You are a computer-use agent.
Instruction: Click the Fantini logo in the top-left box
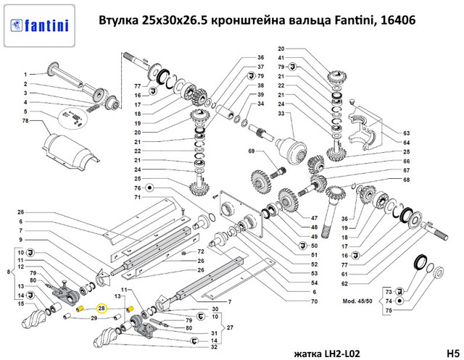39,26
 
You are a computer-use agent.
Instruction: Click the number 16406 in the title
398,20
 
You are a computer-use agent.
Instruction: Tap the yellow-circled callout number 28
101,309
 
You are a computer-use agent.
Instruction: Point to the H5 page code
452,353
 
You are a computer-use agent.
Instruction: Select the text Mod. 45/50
357,301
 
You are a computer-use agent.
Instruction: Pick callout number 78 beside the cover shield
25,120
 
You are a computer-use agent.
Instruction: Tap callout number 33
281,114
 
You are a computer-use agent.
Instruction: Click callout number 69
252,151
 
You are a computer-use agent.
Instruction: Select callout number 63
407,133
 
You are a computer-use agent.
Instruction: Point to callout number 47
314,218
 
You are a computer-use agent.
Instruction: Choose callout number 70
314,301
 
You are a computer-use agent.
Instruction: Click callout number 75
389,310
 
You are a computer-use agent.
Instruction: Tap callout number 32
215,347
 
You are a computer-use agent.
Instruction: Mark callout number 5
25,112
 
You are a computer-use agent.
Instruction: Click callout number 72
201,251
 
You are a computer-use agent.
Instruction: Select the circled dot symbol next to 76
149,188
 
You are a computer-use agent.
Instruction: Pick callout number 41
281,58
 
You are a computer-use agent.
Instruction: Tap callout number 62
344,284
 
